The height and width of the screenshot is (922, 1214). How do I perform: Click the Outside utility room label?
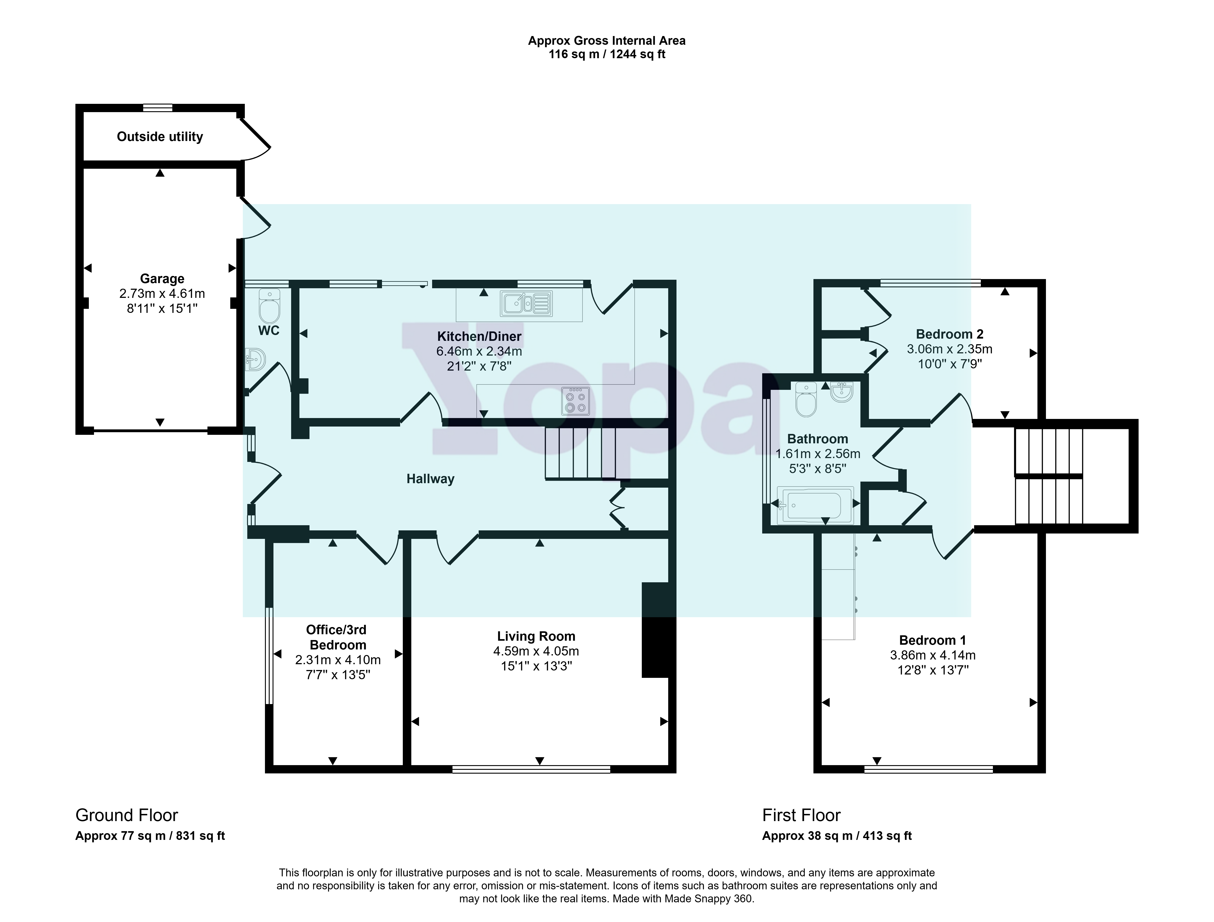coord(160,137)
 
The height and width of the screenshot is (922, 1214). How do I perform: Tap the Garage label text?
coord(162,279)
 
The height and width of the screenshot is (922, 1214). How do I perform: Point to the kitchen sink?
coord(526,303)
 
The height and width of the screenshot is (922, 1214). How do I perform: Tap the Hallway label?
coord(430,479)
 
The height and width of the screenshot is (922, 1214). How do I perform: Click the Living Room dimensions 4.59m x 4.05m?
coord(536,651)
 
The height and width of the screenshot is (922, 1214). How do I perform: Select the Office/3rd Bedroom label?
coord(336,637)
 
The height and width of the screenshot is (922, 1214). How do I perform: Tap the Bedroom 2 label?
coord(949,334)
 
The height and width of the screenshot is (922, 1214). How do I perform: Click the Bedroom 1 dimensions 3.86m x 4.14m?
coord(933,655)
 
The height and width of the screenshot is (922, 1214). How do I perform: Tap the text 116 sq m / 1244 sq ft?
coord(607,54)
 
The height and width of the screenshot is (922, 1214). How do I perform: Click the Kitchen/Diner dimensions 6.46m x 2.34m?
coord(479,351)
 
